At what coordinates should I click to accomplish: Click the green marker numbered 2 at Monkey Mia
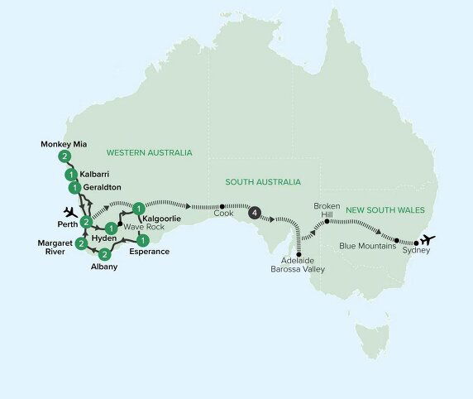[x=64, y=156]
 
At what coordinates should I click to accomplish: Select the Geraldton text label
[x=100, y=188]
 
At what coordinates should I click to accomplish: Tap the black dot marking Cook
[x=222, y=206]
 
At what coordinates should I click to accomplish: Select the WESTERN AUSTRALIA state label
[x=149, y=153]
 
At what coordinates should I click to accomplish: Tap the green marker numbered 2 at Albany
[x=104, y=254]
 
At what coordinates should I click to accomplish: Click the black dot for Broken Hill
[x=327, y=222]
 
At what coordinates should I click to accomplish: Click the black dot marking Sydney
[x=416, y=245]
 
